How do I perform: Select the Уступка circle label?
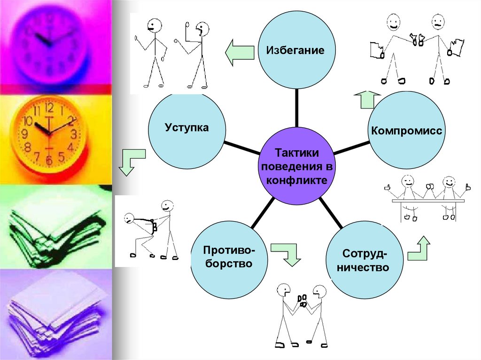tap(186, 127)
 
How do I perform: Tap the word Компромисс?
tap(407, 130)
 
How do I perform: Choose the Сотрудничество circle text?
tap(365, 261)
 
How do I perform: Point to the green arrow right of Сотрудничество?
tap(419, 249)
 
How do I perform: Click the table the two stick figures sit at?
tap(428, 200)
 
